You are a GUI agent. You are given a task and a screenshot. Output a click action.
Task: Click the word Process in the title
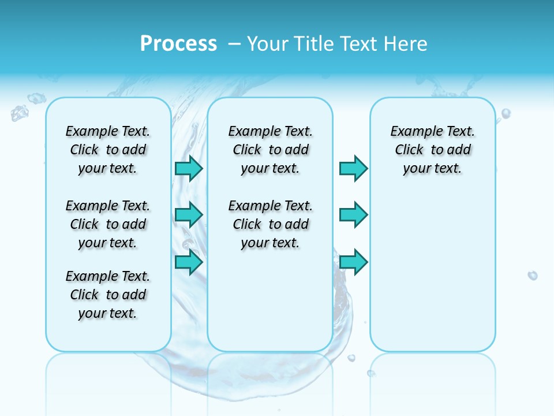[x=178, y=44]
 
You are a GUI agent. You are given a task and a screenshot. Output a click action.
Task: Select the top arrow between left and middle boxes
[x=189, y=168]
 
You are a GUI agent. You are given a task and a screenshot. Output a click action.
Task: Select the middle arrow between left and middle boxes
[x=189, y=215]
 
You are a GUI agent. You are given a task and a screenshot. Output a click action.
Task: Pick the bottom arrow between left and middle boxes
[x=189, y=262]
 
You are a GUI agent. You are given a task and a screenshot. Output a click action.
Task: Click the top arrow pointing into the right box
[x=353, y=168]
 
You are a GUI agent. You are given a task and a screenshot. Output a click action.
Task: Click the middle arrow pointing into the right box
[x=353, y=215]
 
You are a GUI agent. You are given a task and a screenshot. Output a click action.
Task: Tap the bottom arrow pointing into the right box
[x=353, y=262]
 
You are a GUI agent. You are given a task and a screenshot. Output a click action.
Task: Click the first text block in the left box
[x=108, y=150]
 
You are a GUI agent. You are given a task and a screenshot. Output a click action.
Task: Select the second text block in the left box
[x=108, y=224]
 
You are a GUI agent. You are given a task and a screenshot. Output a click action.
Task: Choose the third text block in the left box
[x=108, y=295]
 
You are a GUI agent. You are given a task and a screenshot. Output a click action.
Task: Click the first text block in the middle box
[x=271, y=150]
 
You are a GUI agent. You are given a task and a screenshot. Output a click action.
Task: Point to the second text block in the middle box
[x=271, y=224]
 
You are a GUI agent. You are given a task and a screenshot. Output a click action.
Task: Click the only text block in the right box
[x=433, y=150]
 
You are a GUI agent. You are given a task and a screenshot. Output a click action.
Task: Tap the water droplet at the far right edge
[x=533, y=276]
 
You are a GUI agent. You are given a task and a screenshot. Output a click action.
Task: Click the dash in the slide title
[x=234, y=44]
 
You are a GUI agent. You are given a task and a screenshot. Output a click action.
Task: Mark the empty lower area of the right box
[x=433, y=277]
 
